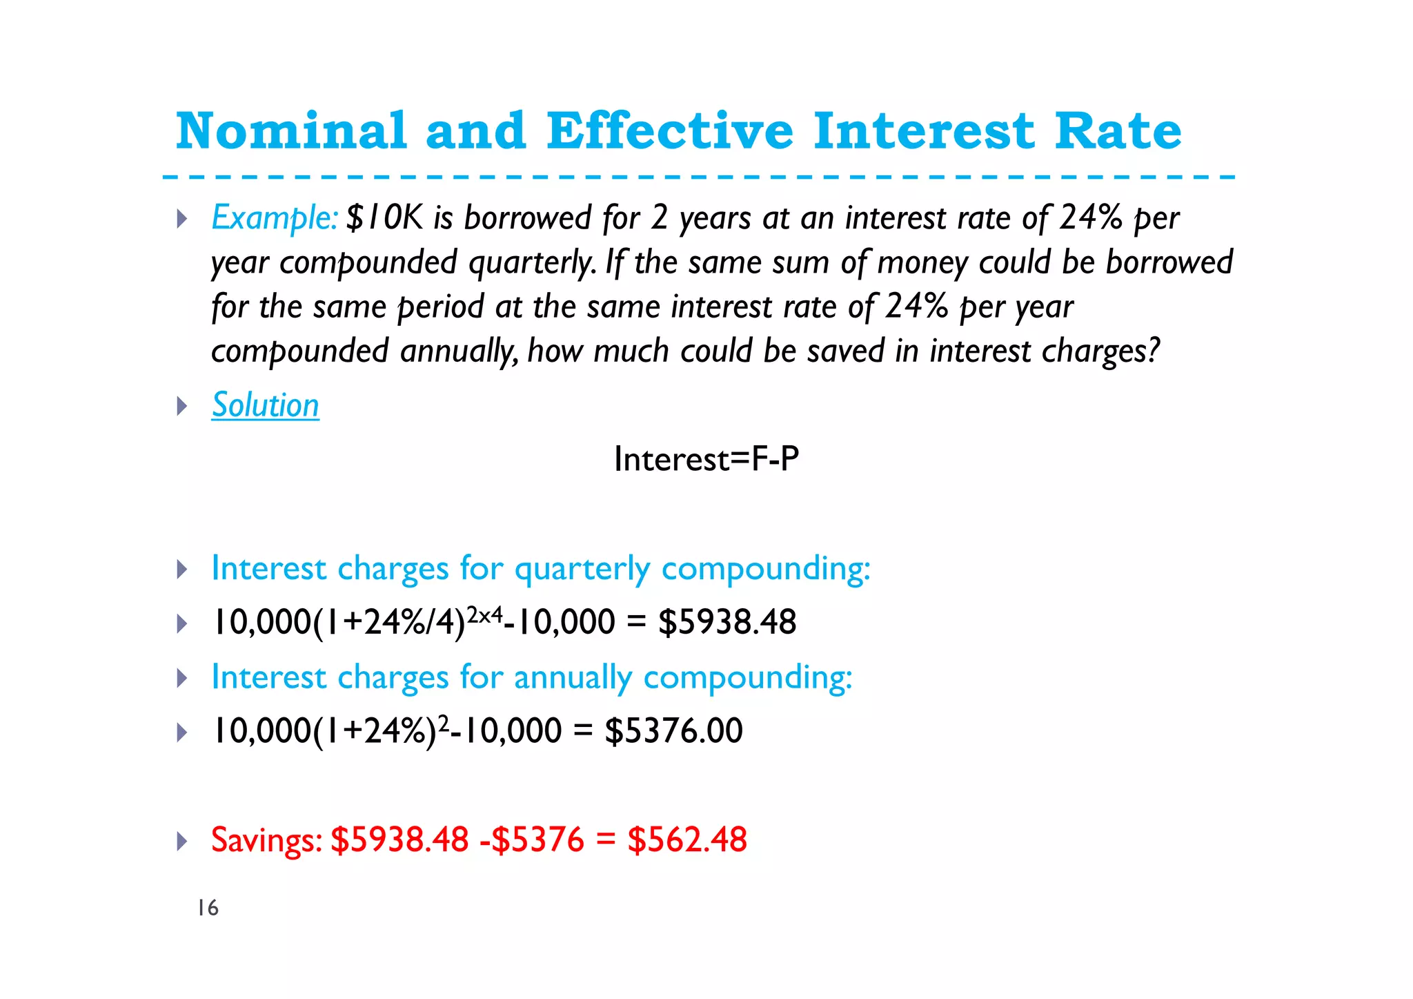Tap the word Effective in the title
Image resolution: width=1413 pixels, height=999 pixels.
pyautogui.click(x=669, y=130)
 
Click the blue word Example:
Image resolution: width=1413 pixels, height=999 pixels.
pyautogui.click(x=275, y=218)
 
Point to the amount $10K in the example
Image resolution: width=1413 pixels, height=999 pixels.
pyautogui.click(x=384, y=218)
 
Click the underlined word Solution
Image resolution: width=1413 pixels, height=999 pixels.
pyautogui.click(x=266, y=405)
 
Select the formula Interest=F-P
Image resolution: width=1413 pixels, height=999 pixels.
pyautogui.click(x=706, y=459)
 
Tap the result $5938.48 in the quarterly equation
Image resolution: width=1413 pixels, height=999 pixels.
pyautogui.click(x=727, y=622)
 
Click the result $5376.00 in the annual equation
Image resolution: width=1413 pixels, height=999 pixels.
pyautogui.click(x=673, y=731)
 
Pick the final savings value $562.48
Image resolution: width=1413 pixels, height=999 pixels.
pyautogui.click(x=687, y=840)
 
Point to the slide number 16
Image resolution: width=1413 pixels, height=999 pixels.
pyautogui.click(x=208, y=909)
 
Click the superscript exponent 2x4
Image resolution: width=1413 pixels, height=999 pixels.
pyautogui.click(x=484, y=614)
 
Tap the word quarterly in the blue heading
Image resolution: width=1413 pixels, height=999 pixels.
pyautogui.click(x=582, y=570)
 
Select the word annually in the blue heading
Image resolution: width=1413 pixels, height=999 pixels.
pyautogui.click(x=573, y=678)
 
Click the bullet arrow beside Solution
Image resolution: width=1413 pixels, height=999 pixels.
pyautogui.click(x=182, y=406)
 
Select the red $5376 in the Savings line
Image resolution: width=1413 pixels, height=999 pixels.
pyautogui.click(x=538, y=840)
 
